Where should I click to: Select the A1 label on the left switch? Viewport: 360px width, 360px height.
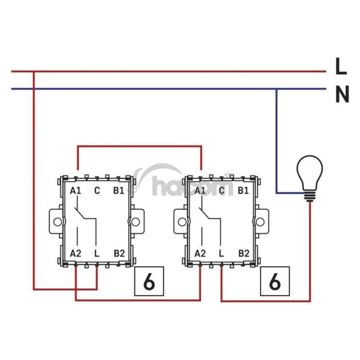coord(76,191)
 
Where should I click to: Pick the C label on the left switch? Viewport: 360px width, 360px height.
coord(97,191)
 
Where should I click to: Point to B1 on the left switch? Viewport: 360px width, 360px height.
coord(118,191)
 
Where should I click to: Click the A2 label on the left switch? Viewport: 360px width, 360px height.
coord(76,253)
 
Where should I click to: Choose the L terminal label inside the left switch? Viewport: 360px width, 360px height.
coord(97,253)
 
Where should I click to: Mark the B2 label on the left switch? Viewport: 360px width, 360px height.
coord(119,253)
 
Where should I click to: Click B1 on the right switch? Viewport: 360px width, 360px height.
coord(243,191)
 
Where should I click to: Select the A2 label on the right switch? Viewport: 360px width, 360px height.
coord(200,253)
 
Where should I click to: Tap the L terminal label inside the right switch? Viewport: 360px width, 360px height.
coord(221,253)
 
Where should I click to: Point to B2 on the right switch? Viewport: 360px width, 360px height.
coord(243,253)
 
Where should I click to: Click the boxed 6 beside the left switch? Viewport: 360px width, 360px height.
coord(149,282)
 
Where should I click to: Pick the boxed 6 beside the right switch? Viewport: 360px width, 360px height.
coord(274,282)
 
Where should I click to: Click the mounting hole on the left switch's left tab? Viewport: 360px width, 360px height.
coord(57,222)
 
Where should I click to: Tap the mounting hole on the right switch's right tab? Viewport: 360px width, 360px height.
coord(260,222)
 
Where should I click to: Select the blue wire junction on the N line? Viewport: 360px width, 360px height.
coord(277,89)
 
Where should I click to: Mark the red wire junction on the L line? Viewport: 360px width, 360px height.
coord(34,71)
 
